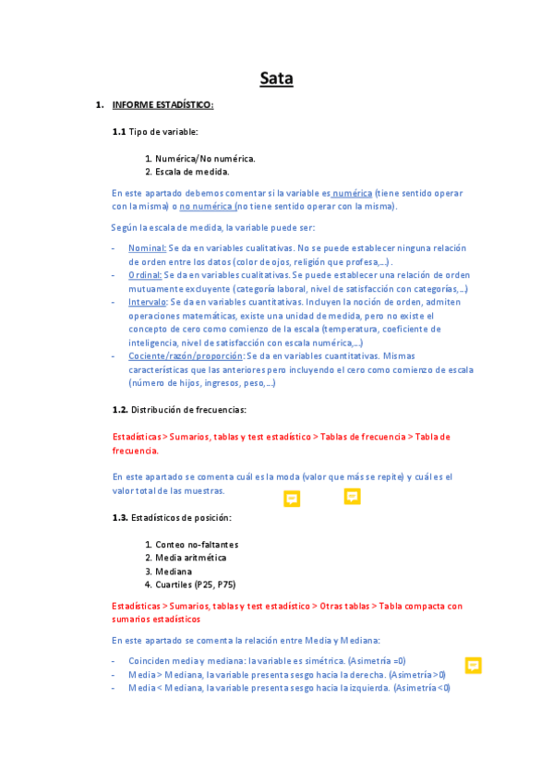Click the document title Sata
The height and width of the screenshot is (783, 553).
(x=276, y=78)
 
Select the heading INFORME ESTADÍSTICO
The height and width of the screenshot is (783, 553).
(x=162, y=104)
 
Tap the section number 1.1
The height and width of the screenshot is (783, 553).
(x=119, y=132)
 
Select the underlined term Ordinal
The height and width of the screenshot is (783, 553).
(x=144, y=274)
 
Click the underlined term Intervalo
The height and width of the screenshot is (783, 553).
(x=148, y=301)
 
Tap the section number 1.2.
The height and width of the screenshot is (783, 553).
(x=120, y=409)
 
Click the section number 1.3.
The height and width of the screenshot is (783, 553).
(x=120, y=517)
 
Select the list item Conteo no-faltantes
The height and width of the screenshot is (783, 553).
(x=197, y=544)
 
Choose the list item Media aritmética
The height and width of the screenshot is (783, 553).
(x=190, y=558)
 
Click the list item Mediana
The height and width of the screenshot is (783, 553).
(x=174, y=572)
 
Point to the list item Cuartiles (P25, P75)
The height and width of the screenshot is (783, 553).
(x=196, y=584)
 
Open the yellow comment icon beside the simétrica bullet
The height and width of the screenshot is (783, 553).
(x=474, y=665)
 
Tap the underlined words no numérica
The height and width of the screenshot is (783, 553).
(x=206, y=206)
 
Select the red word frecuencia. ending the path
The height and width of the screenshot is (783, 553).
(x=135, y=451)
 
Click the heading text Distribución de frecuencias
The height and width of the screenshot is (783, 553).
(x=188, y=409)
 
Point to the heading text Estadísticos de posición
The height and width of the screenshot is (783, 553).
(x=182, y=517)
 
